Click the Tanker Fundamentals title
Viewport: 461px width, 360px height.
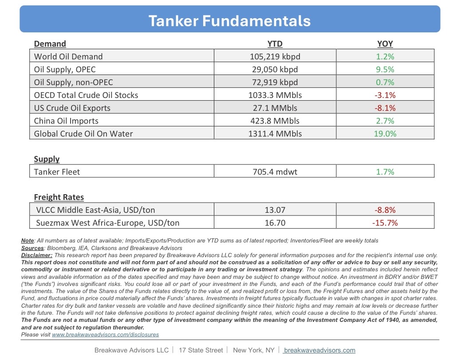[x=229, y=21]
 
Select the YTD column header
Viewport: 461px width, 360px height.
[x=275, y=44]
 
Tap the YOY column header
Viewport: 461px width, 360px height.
[x=385, y=44]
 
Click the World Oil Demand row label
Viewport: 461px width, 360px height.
[x=68, y=56]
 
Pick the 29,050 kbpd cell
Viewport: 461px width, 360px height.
[x=275, y=69]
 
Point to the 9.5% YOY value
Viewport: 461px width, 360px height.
[x=385, y=69]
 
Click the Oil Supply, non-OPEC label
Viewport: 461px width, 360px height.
[x=74, y=82]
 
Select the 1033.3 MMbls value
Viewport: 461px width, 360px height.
[x=275, y=95]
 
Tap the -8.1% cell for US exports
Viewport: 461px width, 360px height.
[x=385, y=108]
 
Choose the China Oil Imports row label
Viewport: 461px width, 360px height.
[x=66, y=121]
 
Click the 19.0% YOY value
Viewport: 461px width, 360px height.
[x=385, y=133]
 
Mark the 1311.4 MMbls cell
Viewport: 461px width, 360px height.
[x=275, y=133]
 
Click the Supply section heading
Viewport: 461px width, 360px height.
[x=47, y=159]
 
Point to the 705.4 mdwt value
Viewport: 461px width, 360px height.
[x=275, y=172]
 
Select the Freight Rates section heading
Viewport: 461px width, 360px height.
[x=59, y=197]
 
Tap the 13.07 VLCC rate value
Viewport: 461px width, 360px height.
[x=275, y=210]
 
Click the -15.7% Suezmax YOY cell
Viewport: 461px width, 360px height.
[x=385, y=223]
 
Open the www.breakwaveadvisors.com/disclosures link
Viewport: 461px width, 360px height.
[x=105, y=335]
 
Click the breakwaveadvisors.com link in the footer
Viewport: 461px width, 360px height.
[x=319, y=350]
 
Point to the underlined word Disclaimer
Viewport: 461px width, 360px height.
[x=36, y=255]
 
